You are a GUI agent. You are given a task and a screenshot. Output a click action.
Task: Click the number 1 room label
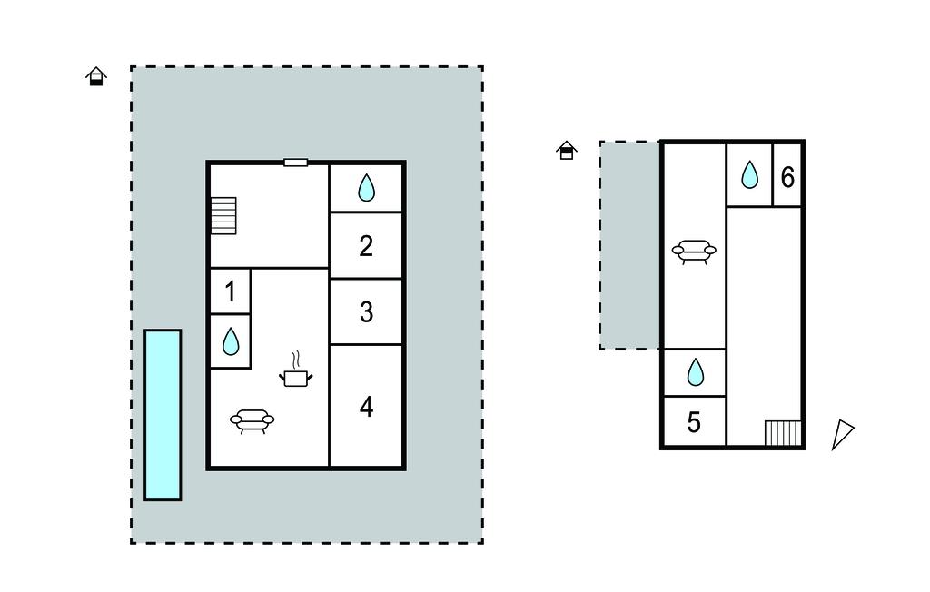coord(231,291)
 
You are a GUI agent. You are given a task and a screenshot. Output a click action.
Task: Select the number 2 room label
coord(366,245)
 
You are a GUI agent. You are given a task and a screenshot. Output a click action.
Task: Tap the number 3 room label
coord(366,311)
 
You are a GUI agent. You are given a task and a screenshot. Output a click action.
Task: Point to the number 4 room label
coord(366,407)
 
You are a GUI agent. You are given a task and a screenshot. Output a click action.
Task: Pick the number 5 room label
coord(694,422)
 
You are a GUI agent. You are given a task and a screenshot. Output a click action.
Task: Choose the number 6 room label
coord(787,177)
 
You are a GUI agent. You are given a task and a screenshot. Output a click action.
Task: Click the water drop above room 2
coord(366,188)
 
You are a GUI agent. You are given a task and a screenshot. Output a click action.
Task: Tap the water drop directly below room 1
coord(231,341)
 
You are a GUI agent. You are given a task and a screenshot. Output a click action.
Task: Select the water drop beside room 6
coord(749,174)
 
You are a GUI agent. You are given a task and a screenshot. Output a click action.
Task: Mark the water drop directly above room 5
coord(695,372)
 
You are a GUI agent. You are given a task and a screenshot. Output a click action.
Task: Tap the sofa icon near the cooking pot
coord(252,420)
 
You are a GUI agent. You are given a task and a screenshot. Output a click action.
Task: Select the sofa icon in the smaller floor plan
coord(694,251)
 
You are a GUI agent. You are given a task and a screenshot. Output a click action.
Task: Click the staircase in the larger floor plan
coord(223,215)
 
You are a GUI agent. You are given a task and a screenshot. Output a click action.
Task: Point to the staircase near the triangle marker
coord(783,433)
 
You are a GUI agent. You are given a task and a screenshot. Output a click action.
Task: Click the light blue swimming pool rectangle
coord(163,415)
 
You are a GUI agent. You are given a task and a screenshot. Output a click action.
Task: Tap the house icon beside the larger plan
coord(96,76)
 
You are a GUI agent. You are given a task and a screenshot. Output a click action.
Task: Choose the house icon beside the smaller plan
coord(567,150)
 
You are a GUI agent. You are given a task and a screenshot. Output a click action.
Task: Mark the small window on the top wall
coord(295,163)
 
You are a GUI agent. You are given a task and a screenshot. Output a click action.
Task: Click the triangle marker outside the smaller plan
coord(843,434)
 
